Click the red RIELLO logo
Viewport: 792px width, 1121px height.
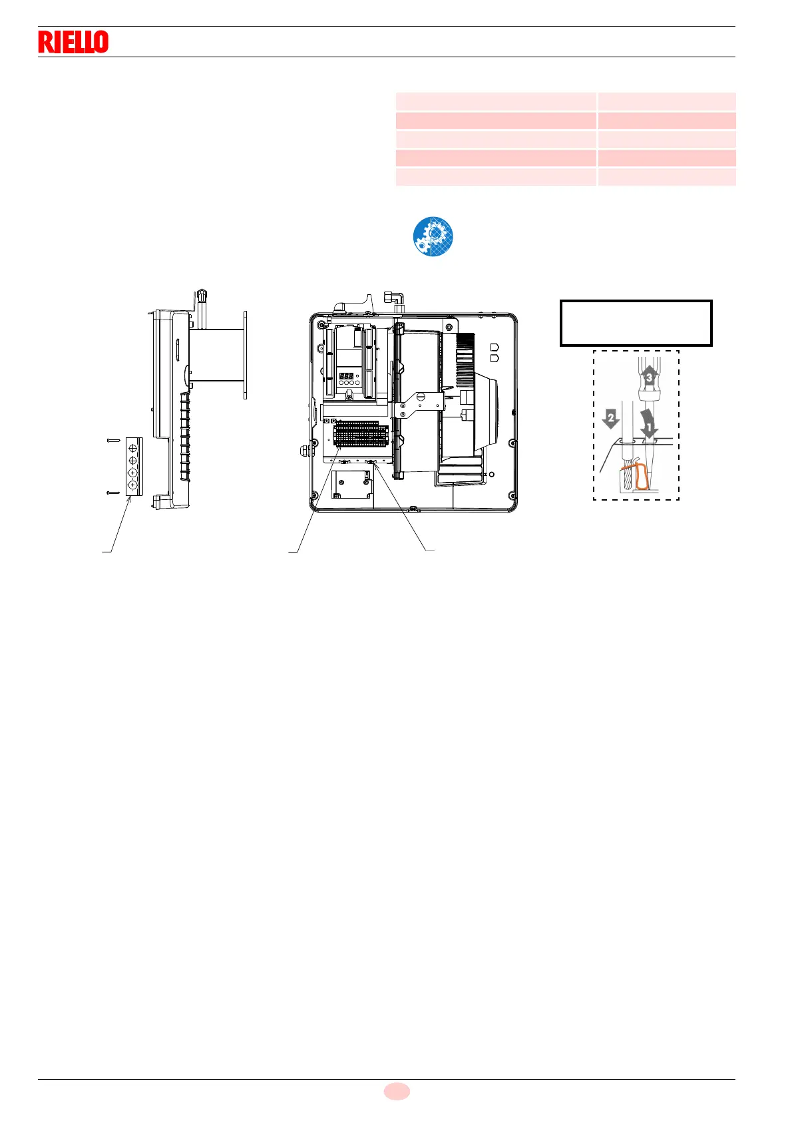[x=73, y=42]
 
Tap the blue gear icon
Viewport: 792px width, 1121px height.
[x=433, y=236]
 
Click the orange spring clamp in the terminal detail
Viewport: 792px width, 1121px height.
[x=638, y=477]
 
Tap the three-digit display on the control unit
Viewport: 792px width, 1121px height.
[x=346, y=376]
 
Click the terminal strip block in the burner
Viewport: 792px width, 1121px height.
[x=359, y=434]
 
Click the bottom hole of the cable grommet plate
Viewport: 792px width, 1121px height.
[x=133, y=485]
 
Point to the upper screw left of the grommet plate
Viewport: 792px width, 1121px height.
[x=112, y=440]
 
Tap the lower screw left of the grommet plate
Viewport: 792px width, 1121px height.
[x=112, y=493]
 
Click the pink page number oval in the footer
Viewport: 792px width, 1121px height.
[x=397, y=1091]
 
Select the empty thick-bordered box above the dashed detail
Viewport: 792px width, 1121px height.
[x=636, y=323]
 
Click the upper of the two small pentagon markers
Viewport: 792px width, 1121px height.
[x=494, y=347]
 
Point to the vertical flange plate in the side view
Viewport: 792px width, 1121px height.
[x=245, y=355]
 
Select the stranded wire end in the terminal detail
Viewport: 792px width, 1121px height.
[x=627, y=475]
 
